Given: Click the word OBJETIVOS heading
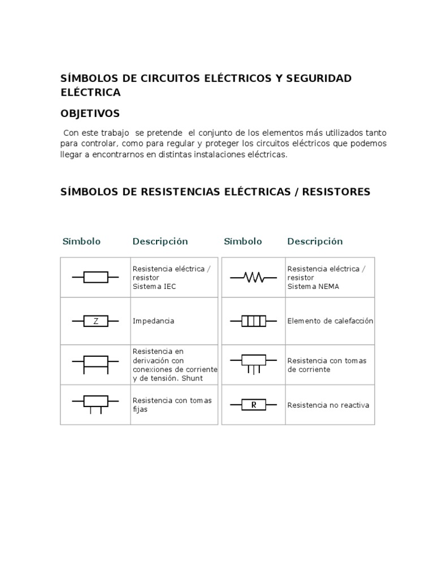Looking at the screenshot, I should tap(90, 114).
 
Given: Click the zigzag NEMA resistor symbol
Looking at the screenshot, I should tap(253, 277).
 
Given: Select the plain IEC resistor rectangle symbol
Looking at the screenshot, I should tap(96, 277).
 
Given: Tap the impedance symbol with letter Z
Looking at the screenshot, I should tap(96, 321).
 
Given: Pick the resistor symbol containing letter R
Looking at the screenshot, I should tap(253, 405).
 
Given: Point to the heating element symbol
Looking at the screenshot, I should tap(253, 321).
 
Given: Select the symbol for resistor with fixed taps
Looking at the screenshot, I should tap(96, 403).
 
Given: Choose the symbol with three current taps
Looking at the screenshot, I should tap(253, 363).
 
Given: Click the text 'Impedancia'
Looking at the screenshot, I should tap(153, 321).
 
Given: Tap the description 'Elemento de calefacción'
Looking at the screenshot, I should tap(330, 321).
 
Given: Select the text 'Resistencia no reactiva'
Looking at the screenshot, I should tap(328, 405).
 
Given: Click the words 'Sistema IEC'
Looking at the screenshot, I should tap(154, 287).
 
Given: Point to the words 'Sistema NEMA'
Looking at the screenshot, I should tap(313, 287).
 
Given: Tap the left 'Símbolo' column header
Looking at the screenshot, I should tap(81, 241).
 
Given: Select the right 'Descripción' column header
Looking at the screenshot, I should tap(315, 241).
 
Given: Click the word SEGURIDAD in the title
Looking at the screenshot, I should tap(319, 78).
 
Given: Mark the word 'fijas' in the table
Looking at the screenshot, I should tap(140, 409).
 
